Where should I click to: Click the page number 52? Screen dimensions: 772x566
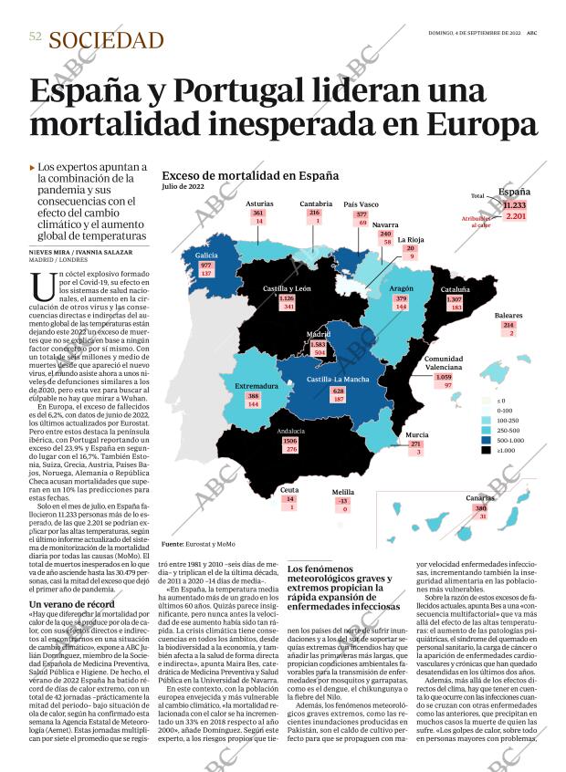pyautogui.click(x=36, y=37)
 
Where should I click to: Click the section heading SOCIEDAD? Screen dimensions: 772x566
pyautogui.click(x=106, y=40)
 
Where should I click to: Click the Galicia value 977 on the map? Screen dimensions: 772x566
pyautogui.click(x=205, y=266)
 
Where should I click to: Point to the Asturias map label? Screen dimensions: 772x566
pyautogui.click(x=260, y=204)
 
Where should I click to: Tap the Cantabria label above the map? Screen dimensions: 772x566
pyautogui.click(x=316, y=203)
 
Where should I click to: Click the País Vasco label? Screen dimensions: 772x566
pyautogui.click(x=361, y=204)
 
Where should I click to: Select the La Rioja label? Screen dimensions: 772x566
pyautogui.click(x=410, y=240)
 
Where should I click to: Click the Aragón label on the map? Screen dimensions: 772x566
pyautogui.click(x=402, y=288)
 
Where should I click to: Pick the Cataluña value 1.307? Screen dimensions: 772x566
pyautogui.click(x=455, y=299)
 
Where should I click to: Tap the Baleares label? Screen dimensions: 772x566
pyautogui.click(x=508, y=316)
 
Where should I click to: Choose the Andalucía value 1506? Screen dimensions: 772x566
pyautogui.click(x=290, y=440)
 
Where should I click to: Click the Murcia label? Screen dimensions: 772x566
pyautogui.click(x=416, y=435)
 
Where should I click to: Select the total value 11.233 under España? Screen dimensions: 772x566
pyautogui.click(x=515, y=205)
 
